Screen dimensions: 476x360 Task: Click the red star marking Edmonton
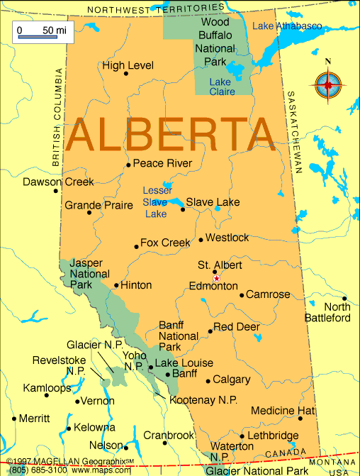pyautogui.click(x=216, y=279)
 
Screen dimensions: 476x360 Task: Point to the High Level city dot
pyautogui.click(x=126, y=73)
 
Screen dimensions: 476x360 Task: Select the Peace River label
pyautogui.click(x=163, y=164)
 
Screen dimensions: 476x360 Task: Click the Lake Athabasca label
pyautogui.click(x=287, y=26)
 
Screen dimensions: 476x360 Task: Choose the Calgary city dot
pyautogui.click(x=208, y=380)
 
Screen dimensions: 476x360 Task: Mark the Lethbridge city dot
pyautogui.click(x=242, y=436)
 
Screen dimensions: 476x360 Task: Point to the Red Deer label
pyautogui.click(x=237, y=327)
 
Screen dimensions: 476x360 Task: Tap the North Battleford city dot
pyautogui.click(x=345, y=299)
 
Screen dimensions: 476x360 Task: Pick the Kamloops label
pyautogui.click(x=47, y=388)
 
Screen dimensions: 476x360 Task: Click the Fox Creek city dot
pyautogui.click(x=136, y=247)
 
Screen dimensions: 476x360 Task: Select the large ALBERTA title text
pyautogui.click(x=171, y=133)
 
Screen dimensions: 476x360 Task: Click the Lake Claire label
pyautogui.click(x=222, y=87)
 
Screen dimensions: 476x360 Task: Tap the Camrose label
pyautogui.click(x=268, y=294)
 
